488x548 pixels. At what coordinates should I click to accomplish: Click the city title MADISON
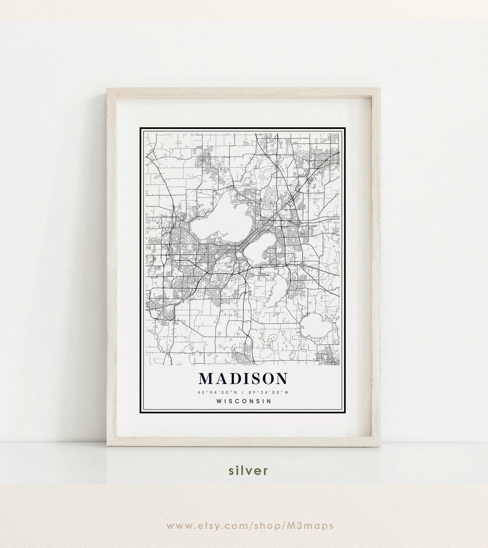(x=243, y=378)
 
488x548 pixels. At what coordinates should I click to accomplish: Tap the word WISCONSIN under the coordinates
(x=244, y=401)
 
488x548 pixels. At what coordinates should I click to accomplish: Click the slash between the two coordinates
(x=243, y=392)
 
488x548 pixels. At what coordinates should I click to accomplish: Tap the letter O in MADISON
(x=265, y=378)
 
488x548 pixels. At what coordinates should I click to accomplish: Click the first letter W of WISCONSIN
(x=220, y=401)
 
